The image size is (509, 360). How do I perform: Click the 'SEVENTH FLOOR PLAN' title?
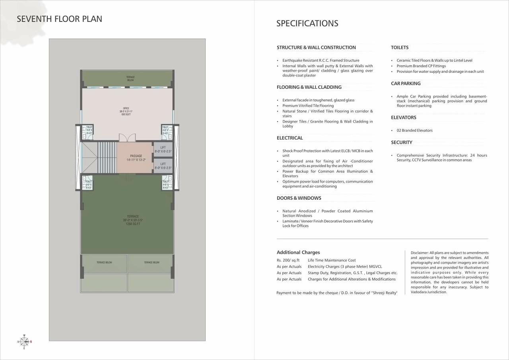tap(59, 19)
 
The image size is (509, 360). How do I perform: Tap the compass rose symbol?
tap(24, 341)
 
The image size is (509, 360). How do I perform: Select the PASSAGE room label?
tap(136, 156)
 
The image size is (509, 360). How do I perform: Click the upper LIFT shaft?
tap(163, 150)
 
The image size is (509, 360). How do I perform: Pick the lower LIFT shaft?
tap(163, 165)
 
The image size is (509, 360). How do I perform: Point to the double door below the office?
tap(127, 138)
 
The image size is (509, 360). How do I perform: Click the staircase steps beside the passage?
tap(107, 157)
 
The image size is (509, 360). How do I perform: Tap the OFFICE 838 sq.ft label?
tap(126, 111)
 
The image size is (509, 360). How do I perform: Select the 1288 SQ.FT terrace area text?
tap(133, 224)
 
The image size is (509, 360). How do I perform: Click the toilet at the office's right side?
tap(167, 132)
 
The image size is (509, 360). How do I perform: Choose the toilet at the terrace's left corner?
tap(87, 184)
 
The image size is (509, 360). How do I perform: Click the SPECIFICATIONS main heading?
tap(307, 23)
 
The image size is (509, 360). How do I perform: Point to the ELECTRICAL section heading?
tap(289, 138)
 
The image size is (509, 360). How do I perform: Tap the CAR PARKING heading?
tap(406, 84)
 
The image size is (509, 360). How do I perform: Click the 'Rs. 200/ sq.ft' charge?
tap(288, 260)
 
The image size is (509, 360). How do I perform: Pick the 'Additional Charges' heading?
tap(298, 252)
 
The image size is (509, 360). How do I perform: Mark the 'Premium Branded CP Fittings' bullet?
tap(421, 66)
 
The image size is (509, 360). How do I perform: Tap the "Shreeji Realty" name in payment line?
tap(384, 293)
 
